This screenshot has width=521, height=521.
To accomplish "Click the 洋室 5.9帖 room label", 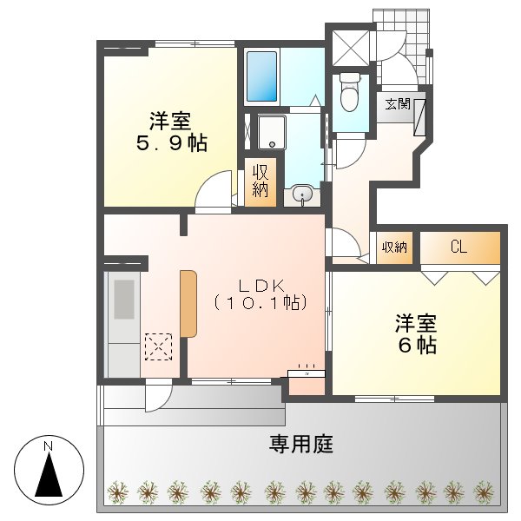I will [x=170, y=132].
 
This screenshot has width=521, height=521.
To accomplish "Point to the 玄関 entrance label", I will [x=398, y=104].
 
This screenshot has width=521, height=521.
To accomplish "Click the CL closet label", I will [x=459, y=247].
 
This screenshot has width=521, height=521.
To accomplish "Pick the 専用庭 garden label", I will [x=300, y=445].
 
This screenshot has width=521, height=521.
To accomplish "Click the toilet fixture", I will [x=351, y=93].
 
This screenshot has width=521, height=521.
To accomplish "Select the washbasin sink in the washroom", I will [x=302, y=195].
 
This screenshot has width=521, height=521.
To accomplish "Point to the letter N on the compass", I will [x=50, y=446].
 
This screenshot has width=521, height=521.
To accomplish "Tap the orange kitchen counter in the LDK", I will [x=188, y=303].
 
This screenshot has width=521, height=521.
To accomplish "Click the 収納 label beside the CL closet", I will [x=394, y=247].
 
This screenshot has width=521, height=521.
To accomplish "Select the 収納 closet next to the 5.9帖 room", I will [x=260, y=180].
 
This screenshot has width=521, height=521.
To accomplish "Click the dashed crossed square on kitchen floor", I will [x=158, y=346].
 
